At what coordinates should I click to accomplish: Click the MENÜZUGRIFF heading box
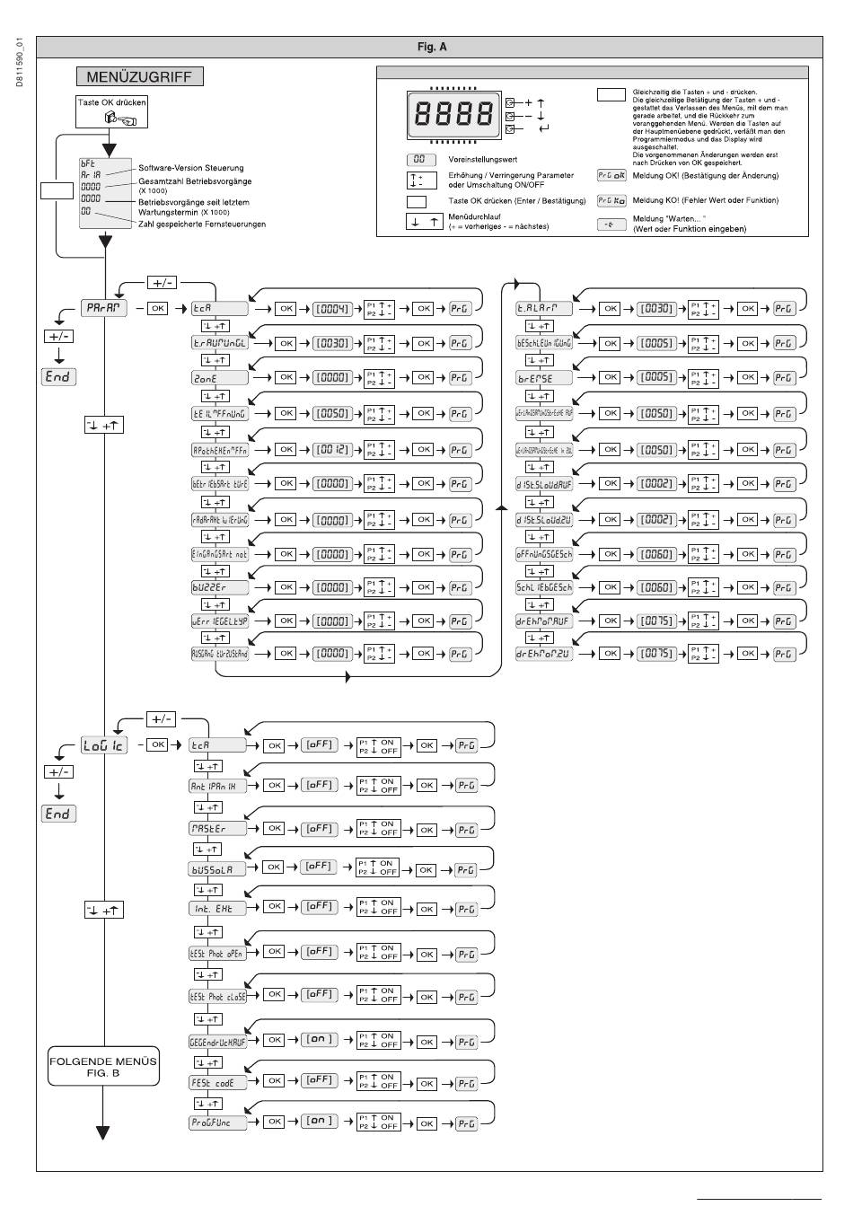click(x=139, y=77)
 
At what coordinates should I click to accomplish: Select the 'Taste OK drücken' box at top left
click(x=112, y=112)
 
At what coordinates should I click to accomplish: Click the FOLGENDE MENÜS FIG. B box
click(x=103, y=1067)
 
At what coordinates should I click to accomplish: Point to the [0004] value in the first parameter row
click(x=331, y=309)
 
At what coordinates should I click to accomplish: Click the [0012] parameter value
click(x=331, y=450)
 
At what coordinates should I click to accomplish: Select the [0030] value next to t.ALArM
click(x=656, y=309)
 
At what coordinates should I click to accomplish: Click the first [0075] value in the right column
click(x=656, y=621)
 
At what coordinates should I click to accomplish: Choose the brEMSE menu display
click(x=545, y=378)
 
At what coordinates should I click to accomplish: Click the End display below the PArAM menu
click(x=59, y=376)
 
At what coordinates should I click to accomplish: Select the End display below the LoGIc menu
click(x=59, y=814)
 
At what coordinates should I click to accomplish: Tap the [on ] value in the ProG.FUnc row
click(x=320, y=1122)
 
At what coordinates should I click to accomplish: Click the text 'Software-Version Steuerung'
click(x=190, y=168)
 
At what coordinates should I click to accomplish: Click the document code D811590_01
click(x=19, y=64)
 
